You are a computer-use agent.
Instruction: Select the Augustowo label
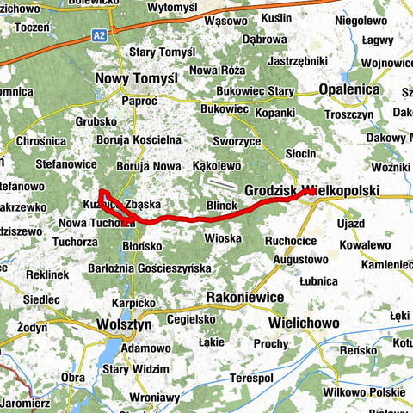(x=300, y=258)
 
